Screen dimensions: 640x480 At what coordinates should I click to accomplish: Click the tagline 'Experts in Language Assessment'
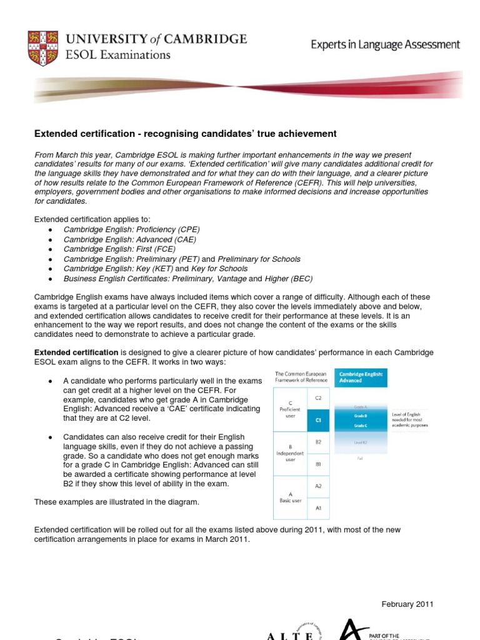pos(386,44)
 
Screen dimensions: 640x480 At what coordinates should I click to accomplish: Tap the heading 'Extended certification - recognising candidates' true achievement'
pos(185,134)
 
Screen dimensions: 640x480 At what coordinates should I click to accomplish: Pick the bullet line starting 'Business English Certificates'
pos(187,278)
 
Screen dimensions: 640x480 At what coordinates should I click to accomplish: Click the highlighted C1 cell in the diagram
pos(318,421)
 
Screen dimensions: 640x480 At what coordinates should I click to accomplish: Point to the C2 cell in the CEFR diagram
pos(318,397)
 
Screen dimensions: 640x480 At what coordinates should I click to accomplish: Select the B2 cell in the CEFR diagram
pos(318,441)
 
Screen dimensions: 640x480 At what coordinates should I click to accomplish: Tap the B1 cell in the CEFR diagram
pos(318,464)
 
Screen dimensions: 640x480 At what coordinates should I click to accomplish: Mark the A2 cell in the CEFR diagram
pos(318,486)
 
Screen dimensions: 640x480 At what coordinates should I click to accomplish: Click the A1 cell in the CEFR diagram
pos(318,508)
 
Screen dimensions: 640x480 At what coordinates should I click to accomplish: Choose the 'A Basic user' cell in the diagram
pos(291,497)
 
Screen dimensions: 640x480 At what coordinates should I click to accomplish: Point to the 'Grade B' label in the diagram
pos(360,415)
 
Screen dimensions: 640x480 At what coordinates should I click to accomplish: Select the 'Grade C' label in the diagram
pos(360,425)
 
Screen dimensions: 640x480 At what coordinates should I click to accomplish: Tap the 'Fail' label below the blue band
pos(360,457)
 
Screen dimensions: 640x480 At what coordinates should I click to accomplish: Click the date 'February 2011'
pos(407,604)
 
